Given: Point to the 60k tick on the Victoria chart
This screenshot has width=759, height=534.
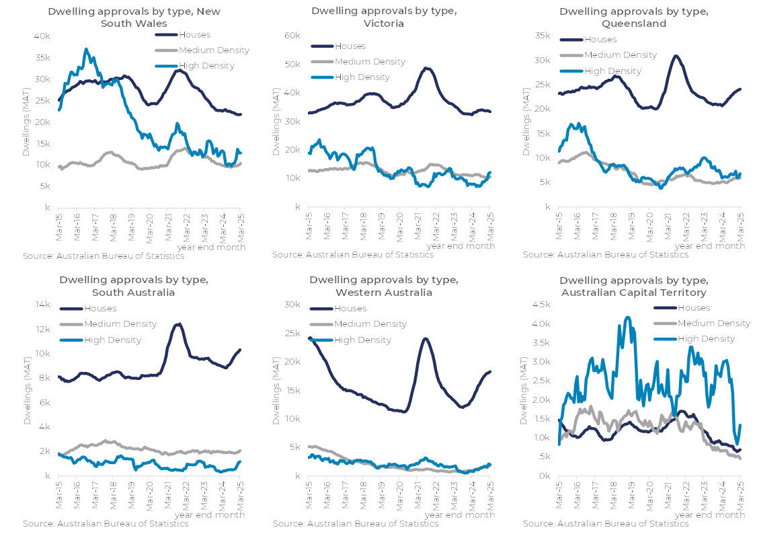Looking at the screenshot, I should click(292, 36).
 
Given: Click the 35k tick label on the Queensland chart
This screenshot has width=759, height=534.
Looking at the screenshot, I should click(542, 36).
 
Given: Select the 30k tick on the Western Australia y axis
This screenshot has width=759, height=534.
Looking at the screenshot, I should click(292, 305).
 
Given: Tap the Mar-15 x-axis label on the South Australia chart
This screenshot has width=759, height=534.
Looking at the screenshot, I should click(58, 496).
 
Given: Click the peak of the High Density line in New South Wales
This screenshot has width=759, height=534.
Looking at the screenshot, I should click(86, 49).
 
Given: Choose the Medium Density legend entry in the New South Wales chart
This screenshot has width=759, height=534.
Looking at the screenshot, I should click(214, 50).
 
